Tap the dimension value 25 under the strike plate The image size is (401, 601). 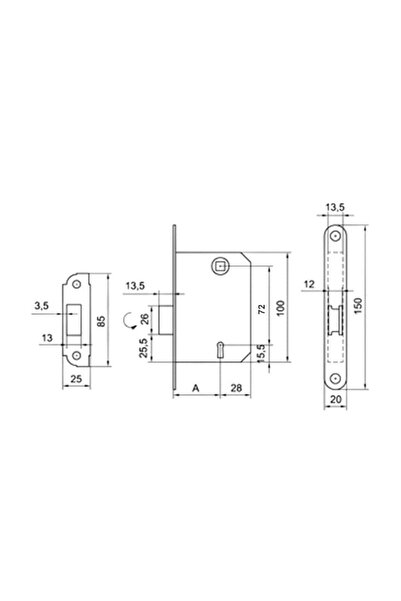pos(77,381)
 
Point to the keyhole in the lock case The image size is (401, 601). pos(220,349)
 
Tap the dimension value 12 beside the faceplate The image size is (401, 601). pos(311,287)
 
